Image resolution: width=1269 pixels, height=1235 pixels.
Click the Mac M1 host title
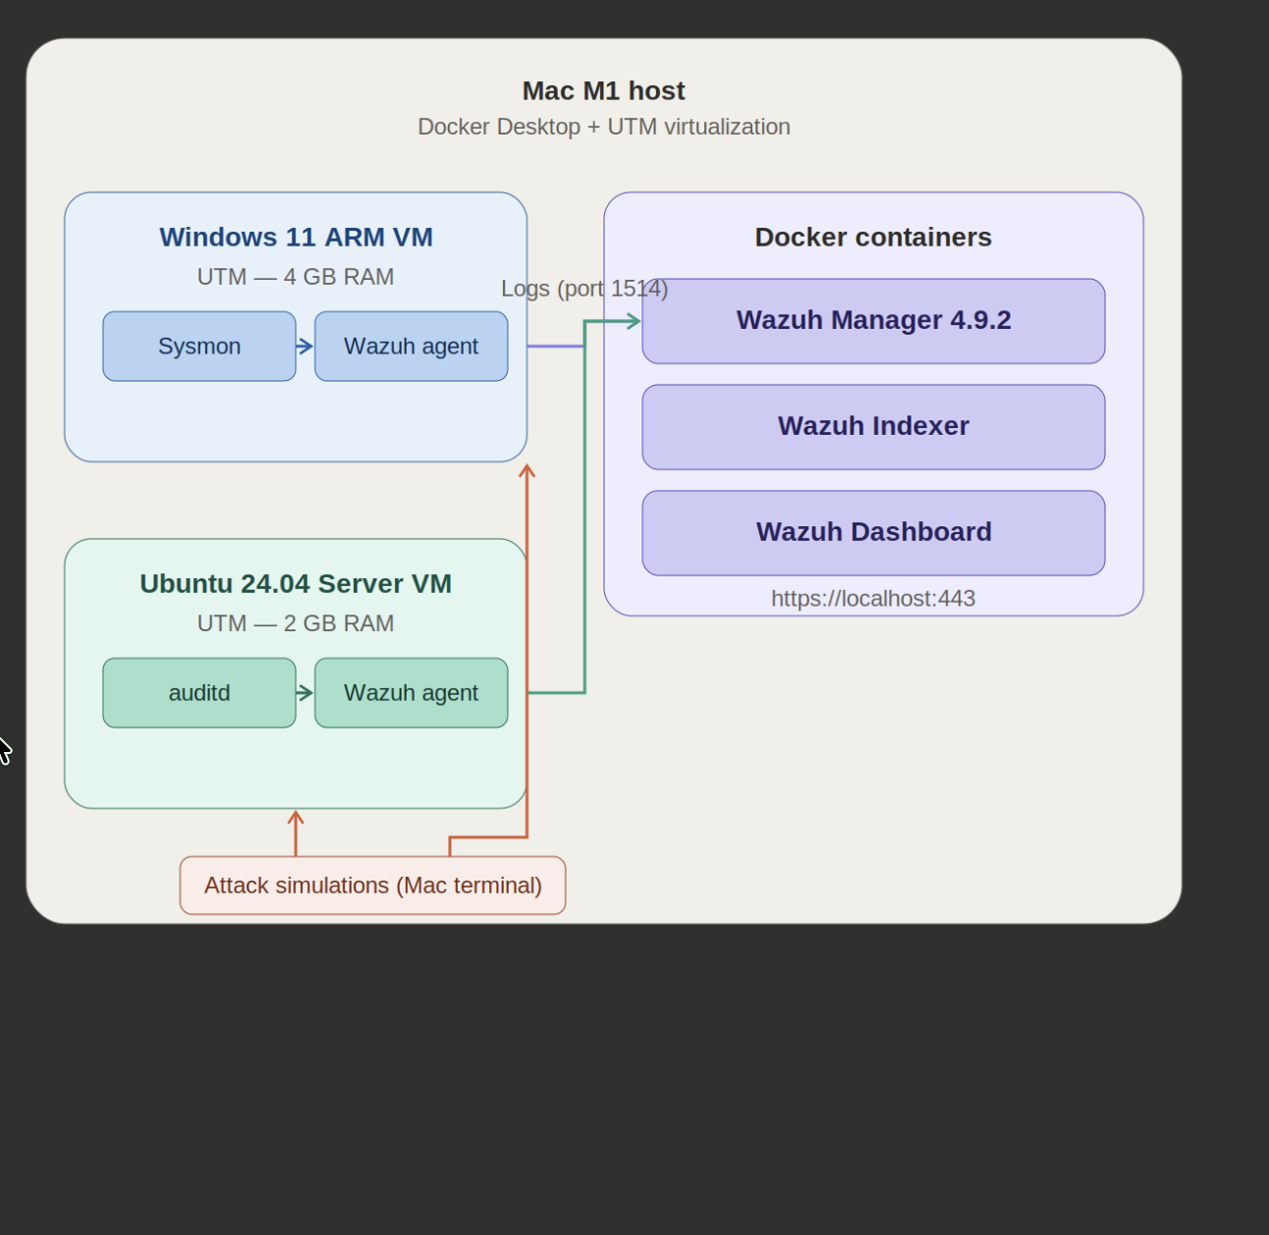click(603, 91)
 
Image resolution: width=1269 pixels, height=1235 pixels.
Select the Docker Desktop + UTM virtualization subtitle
click(603, 127)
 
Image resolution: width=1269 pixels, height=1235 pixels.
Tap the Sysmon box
click(199, 347)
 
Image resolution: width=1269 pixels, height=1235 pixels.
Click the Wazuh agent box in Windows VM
click(411, 347)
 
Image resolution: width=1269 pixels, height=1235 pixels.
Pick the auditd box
click(199, 693)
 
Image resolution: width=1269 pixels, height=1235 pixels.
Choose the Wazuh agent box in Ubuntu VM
click(411, 693)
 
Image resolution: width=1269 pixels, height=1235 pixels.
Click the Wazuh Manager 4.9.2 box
click(873, 321)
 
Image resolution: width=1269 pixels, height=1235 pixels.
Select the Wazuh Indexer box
click(873, 427)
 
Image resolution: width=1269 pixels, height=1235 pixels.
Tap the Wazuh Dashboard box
click(873, 533)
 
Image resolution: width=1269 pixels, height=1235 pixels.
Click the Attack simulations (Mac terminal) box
click(372, 886)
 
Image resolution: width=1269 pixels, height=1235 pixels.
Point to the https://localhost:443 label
click(872, 599)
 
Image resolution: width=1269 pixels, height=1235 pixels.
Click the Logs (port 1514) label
click(584, 289)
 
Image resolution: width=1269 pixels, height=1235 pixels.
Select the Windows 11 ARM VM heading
click(296, 238)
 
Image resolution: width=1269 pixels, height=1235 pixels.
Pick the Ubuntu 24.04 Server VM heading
click(296, 584)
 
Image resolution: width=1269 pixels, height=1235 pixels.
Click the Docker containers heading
click(873, 238)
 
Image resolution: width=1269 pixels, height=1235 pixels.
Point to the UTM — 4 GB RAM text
click(296, 277)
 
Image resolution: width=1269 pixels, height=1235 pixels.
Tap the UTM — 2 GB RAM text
click(296, 623)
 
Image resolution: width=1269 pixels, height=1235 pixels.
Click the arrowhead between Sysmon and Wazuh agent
click(305, 347)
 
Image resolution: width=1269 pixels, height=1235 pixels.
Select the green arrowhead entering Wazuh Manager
click(634, 321)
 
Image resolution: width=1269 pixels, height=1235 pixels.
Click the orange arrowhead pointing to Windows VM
click(527, 471)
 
